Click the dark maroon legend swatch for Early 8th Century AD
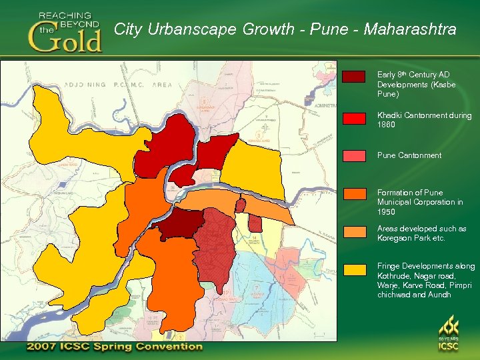(x=353, y=76)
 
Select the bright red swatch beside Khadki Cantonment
(x=353, y=118)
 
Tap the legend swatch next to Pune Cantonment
(x=353, y=156)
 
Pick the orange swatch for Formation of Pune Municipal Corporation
(x=353, y=194)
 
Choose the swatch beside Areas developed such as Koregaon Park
(x=353, y=232)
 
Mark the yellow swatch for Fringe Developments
(x=353, y=270)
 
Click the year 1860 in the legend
(x=386, y=125)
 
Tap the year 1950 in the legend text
(x=386, y=212)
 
